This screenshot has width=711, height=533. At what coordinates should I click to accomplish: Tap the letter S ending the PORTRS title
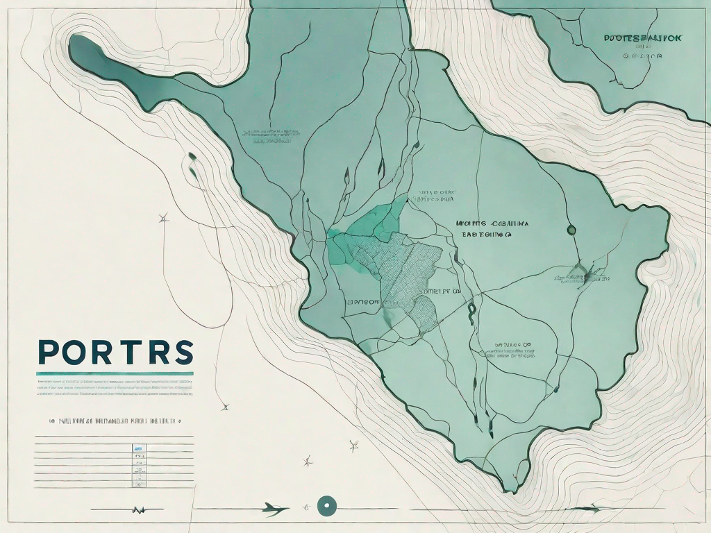[181, 353]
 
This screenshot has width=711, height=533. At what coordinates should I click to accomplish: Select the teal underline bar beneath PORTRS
[115, 373]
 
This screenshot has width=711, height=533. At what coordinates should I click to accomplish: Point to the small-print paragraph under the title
[115, 387]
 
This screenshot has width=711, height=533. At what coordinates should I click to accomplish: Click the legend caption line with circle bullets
[115, 421]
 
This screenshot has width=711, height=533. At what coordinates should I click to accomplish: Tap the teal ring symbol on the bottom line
[324, 506]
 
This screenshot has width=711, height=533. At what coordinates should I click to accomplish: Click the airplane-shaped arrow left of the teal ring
[274, 510]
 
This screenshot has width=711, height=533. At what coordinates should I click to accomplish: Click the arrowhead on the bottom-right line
[594, 509]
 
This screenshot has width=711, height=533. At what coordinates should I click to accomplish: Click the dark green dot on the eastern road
[571, 229]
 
